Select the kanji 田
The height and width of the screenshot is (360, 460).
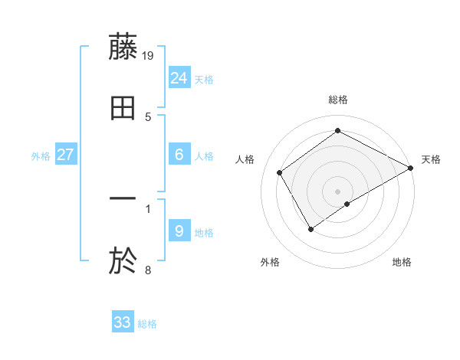tap(123, 109)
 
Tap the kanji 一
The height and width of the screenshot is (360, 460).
tap(123, 199)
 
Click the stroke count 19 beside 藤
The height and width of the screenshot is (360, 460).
tap(149, 54)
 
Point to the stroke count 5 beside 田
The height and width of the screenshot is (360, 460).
tap(148, 117)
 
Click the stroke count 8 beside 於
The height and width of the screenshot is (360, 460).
tap(148, 270)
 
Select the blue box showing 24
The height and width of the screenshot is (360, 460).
tap(179, 77)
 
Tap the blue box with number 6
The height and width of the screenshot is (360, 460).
tap(179, 155)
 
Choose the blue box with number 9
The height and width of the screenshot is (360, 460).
tap(179, 231)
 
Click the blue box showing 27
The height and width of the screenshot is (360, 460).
tap(66, 155)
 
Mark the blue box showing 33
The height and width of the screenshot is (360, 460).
tap(123, 322)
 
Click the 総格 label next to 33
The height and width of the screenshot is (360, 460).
tap(148, 324)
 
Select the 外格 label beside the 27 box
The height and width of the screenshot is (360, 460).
tap(41, 156)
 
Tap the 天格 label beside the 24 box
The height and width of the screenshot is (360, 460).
tap(204, 80)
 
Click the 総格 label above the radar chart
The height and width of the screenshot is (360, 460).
tap(338, 100)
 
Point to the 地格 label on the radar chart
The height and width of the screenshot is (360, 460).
tap(402, 262)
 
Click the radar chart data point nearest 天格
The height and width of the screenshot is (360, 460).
tap(411, 169)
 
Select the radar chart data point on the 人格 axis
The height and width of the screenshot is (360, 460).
tap(280, 173)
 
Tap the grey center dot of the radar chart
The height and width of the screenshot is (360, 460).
tap(338, 191)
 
